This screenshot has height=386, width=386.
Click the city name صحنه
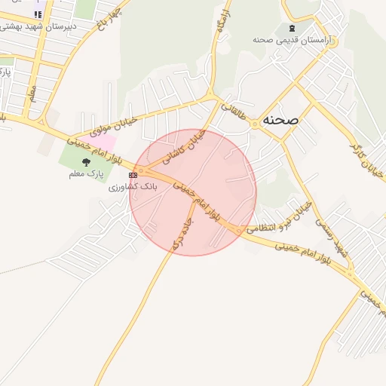[281, 121]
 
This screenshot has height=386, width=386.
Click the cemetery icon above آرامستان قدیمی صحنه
[292, 28]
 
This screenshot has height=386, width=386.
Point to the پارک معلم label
[84, 174]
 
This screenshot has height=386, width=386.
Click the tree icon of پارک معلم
[85, 161]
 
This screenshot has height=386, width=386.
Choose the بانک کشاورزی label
[133, 185]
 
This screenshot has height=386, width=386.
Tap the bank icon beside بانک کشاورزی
[133, 175]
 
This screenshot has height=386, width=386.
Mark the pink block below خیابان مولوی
[104, 141]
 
